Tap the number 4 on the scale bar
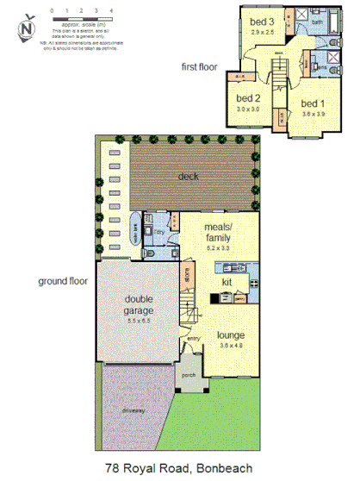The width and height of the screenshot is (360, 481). [109, 9]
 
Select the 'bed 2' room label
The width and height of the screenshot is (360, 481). [248, 98]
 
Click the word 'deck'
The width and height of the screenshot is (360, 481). [189, 177]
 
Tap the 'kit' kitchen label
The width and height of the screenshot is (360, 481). [227, 282]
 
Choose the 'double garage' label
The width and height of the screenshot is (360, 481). [138, 305]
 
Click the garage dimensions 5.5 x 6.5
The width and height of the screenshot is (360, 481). [138, 320]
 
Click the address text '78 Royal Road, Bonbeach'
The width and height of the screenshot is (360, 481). [180, 469]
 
